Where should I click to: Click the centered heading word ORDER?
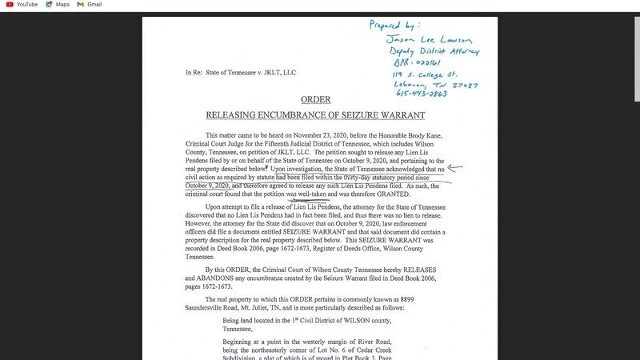point(316,99)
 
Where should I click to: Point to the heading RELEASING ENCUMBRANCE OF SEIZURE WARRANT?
point(316,115)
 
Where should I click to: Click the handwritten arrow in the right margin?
point(455,168)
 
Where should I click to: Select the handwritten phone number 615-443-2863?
point(422,93)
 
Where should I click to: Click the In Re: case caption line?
point(240,73)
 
